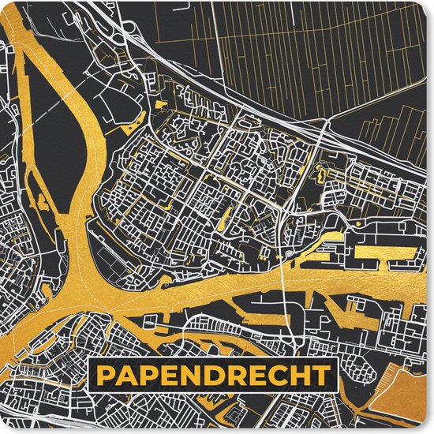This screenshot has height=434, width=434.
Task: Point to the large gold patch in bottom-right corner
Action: (x=406, y=402)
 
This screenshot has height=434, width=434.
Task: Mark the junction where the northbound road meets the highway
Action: (x=326, y=124)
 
